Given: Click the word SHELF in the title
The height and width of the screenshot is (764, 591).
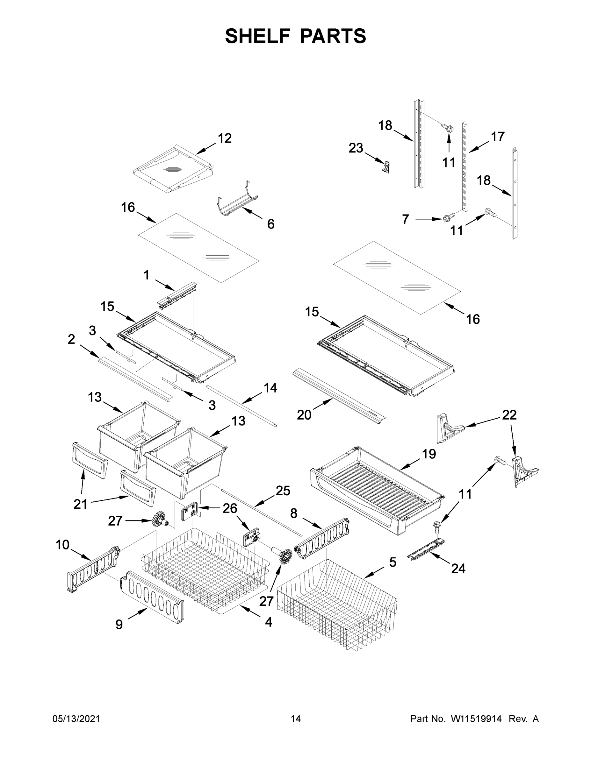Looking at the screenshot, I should pos(258,36).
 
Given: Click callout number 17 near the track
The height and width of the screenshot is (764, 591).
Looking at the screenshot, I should pos(497,137).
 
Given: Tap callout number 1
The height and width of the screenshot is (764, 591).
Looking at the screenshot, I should pos(146,275).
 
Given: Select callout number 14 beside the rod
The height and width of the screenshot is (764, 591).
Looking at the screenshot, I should pos(270,388).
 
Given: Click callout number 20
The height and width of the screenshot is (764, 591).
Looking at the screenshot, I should pos(304,415).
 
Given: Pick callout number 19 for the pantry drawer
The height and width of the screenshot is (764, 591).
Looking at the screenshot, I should pos(429,454).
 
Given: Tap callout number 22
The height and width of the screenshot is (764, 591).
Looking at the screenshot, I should pos(509,415).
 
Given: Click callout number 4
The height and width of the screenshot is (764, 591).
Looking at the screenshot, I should pos(268,622).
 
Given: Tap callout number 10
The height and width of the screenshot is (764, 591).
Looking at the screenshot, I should pos(63,545).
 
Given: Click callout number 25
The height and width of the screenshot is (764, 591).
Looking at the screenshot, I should pos(283,491).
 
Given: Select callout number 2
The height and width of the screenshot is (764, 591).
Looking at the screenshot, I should pos(71,339).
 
